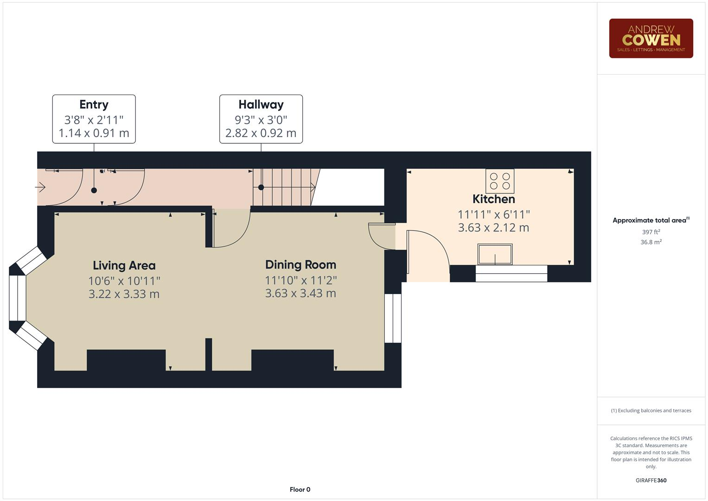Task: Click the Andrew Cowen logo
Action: (651, 39)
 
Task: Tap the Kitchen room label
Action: (493, 199)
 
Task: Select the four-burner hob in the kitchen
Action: (500, 181)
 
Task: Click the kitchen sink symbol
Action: (495, 255)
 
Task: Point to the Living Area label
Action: (124, 265)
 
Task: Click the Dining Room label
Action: (300, 264)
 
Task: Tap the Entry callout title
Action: (94, 105)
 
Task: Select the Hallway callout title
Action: (261, 105)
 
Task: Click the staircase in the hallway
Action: (283, 187)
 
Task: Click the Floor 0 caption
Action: (300, 489)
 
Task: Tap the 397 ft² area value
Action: (651, 232)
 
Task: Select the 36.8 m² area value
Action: (651, 242)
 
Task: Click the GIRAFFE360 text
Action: (651, 480)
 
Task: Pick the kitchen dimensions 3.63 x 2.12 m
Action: (493, 228)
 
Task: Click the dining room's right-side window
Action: (393, 318)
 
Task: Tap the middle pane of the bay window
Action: (18, 298)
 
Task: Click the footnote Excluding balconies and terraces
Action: (651, 411)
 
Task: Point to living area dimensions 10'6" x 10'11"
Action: (124, 281)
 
